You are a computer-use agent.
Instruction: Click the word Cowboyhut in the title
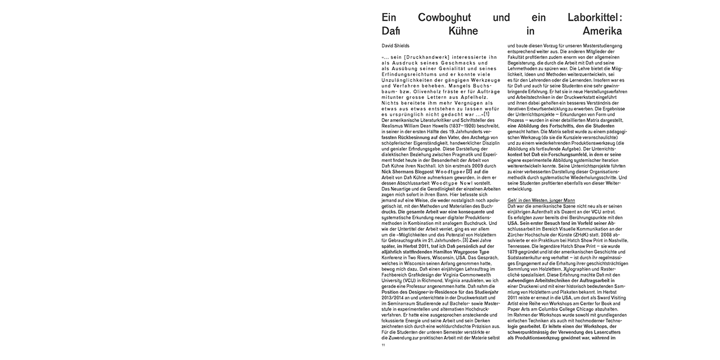pyautogui.click(x=440, y=18)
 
